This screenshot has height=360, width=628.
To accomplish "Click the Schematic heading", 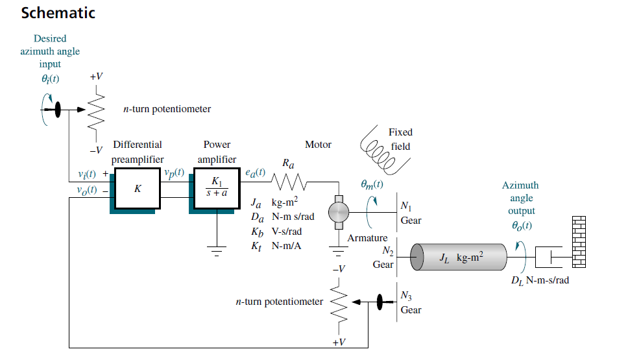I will pos(58,13).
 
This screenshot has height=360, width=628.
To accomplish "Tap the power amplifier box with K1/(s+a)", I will pos(215,189).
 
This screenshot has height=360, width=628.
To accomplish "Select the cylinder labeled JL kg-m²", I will pos(460,258).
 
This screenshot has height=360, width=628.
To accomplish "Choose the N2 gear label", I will pos(387,252).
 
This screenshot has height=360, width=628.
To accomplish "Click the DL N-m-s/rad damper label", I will pos(540,281).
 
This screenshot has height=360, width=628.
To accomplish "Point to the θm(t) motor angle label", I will pos(372,184).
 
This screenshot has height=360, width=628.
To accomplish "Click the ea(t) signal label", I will pos(255,173).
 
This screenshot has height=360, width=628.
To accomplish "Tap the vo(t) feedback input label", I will pos(86,190).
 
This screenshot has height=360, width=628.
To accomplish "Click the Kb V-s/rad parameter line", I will pos(276,232).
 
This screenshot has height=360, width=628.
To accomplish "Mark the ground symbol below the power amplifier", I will pos(215,250).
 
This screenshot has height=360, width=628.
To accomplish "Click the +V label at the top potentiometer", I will pos(96,77).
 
